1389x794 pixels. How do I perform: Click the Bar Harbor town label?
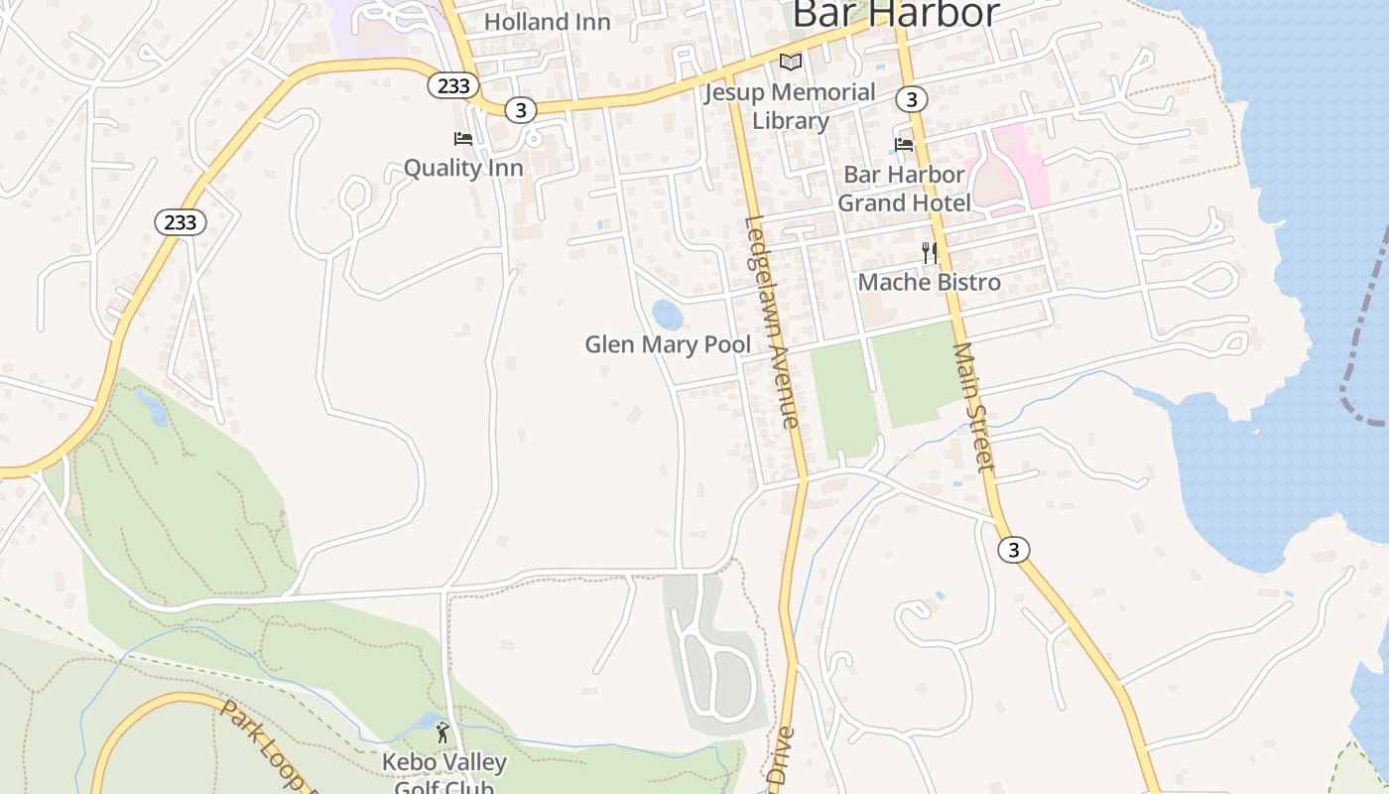pyautogui.click(x=896, y=14)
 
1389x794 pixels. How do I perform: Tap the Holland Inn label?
pyautogui.click(x=548, y=21)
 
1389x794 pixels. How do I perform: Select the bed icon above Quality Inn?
pyautogui.click(x=463, y=139)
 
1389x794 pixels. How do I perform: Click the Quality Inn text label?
pyautogui.click(x=463, y=168)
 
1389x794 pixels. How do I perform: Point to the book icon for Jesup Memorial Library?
pyautogui.click(x=790, y=63)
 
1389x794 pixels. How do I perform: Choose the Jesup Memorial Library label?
pyautogui.click(x=790, y=106)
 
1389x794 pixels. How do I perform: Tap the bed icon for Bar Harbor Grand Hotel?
pyautogui.click(x=903, y=145)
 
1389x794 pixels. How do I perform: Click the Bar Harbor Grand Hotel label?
pyautogui.click(x=903, y=189)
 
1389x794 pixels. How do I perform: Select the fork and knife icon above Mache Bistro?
pyautogui.click(x=930, y=253)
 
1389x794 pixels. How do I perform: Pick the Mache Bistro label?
pyautogui.click(x=930, y=282)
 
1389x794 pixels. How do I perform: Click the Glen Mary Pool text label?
pyautogui.click(x=668, y=344)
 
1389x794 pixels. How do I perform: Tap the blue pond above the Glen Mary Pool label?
pyautogui.click(x=668, y=316)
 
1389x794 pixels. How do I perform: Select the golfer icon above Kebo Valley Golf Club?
pyautogui.click(x=442, y=733)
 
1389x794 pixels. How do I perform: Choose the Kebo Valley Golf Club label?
pyautogui.click(x=444, y=775)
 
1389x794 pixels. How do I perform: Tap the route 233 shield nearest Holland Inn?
pyautogui.click(x=453, y=85)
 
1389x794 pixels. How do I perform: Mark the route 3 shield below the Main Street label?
pyautogui.click(x=1013, y=550)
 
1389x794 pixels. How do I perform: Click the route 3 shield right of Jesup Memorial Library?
pyautogui.click(x=911, y=99)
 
